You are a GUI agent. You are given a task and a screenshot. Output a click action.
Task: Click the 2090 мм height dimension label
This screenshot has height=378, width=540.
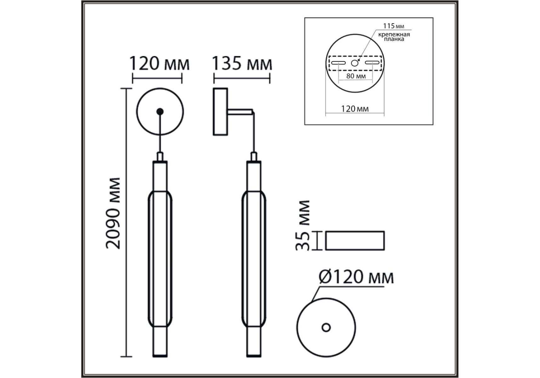tap(113, 213)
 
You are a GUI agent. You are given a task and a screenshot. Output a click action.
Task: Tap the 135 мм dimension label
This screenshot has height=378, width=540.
tap(242, 64)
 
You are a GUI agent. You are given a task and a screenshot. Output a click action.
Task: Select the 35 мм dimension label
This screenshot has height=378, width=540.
tap(303, 226)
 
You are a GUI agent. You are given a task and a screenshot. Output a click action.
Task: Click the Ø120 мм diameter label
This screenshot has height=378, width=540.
tap(356, 278)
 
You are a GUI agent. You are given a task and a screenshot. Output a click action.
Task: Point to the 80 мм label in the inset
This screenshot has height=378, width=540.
tap(356, 76)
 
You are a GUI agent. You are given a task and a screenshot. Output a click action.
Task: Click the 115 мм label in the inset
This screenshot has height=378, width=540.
tap(393, 26)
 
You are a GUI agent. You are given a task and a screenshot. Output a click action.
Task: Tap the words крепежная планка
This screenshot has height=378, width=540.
tap(394, 37)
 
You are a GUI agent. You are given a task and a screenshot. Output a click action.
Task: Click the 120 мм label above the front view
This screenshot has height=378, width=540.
tap(160, 64)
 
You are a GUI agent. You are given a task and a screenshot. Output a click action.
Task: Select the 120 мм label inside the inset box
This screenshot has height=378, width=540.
tap(355, 109)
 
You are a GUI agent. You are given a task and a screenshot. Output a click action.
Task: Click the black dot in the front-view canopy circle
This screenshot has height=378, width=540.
tap(160, 111)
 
